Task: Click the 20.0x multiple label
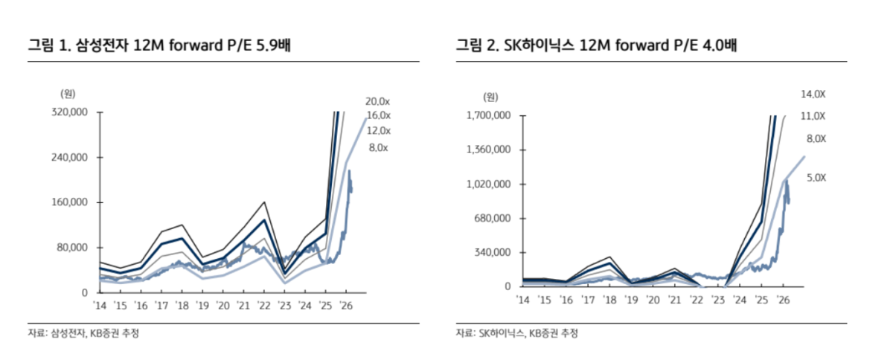coord(377,101)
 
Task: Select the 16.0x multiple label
coord(377,115)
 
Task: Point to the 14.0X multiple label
coord(813,94)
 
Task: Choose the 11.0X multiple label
coord(813,116)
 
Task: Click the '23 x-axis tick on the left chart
coord(284,306)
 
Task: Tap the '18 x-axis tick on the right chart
coord(609,300)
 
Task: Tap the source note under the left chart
coord(83,333)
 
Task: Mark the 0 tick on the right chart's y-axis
coord(506,286)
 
